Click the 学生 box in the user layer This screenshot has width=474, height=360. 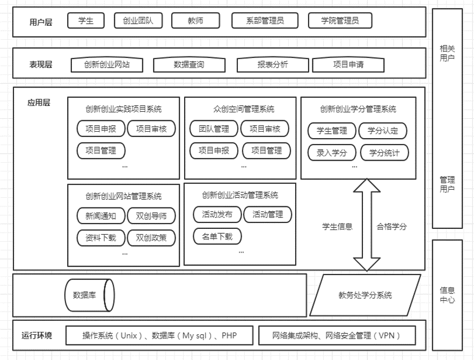click(85, 21)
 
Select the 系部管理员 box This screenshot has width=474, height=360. click(265, 21)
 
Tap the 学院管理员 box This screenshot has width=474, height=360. click(340, 21)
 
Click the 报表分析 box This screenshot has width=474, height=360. click(273, 65)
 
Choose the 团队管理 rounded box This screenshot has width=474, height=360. click(214, 129)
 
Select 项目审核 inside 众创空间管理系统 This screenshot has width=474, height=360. click(265, 129)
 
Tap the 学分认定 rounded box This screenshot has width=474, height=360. click(383, 131)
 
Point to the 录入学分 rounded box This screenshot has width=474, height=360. click(332, 153)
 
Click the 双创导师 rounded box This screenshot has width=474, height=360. click(151, 216)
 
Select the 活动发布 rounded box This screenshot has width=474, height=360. click(217, 214)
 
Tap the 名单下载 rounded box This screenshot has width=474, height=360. click(217, 236)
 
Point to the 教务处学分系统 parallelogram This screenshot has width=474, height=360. click(365, 295)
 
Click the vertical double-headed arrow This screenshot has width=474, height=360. click(367, 226)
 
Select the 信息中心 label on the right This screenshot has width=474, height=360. click(447, 294)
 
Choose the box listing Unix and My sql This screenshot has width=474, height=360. click(159, 336)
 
